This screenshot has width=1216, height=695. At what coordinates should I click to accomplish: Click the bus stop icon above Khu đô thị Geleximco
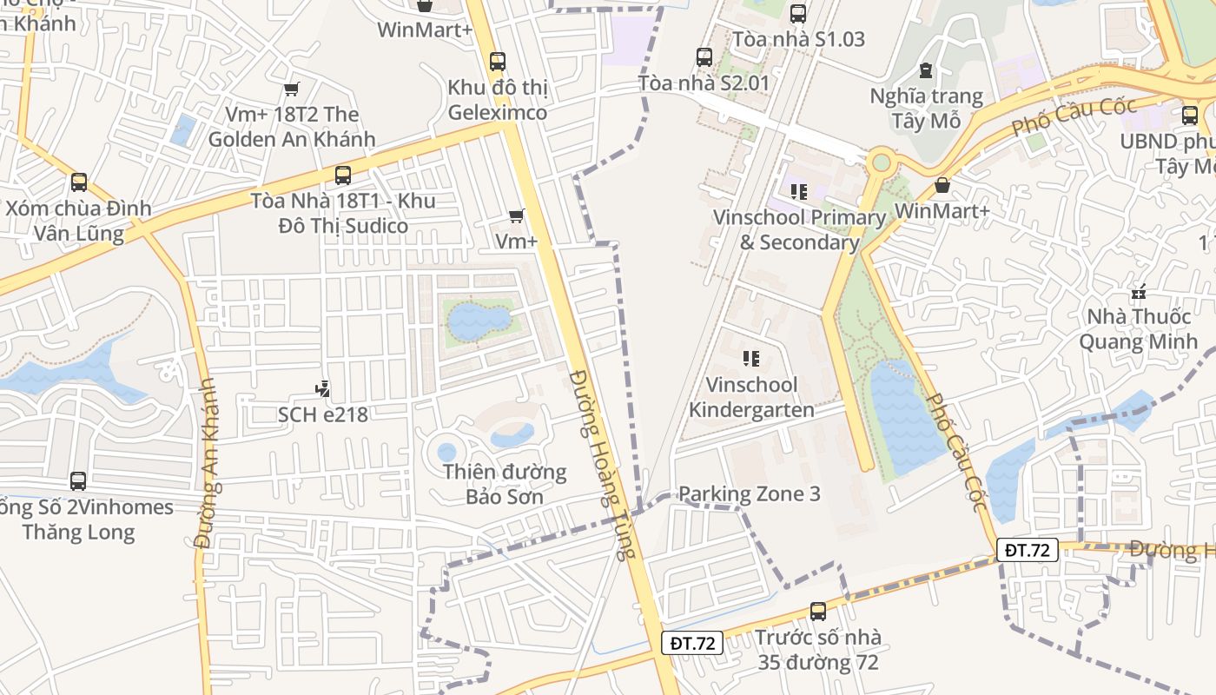497,62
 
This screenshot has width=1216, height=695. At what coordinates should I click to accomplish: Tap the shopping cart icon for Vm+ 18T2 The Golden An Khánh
292,89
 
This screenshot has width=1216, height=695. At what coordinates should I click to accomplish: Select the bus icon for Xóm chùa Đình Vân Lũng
79,182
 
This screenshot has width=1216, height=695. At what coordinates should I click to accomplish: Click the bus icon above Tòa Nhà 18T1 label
343,175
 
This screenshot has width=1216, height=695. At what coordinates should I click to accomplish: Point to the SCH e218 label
323,414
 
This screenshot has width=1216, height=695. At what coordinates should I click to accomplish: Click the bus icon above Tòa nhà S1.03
798,14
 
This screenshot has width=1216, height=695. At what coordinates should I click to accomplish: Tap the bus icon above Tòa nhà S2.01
704,57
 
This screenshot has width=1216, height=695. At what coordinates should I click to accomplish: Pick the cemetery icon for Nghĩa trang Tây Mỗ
926,70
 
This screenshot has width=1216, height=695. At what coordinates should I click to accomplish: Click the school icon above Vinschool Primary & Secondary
798,191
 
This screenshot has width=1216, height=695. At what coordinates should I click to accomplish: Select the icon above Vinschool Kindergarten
751,359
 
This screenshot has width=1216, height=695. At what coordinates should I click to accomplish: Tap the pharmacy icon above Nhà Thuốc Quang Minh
1138,292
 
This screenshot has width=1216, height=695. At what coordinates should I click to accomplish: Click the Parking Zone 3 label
749,493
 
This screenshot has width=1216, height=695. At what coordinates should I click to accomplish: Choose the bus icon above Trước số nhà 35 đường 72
817,612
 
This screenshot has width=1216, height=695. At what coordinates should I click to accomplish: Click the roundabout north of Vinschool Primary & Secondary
882,162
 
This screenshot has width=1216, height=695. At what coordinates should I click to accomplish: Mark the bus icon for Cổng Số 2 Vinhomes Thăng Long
78,481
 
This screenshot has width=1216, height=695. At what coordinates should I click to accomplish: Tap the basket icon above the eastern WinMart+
942,185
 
